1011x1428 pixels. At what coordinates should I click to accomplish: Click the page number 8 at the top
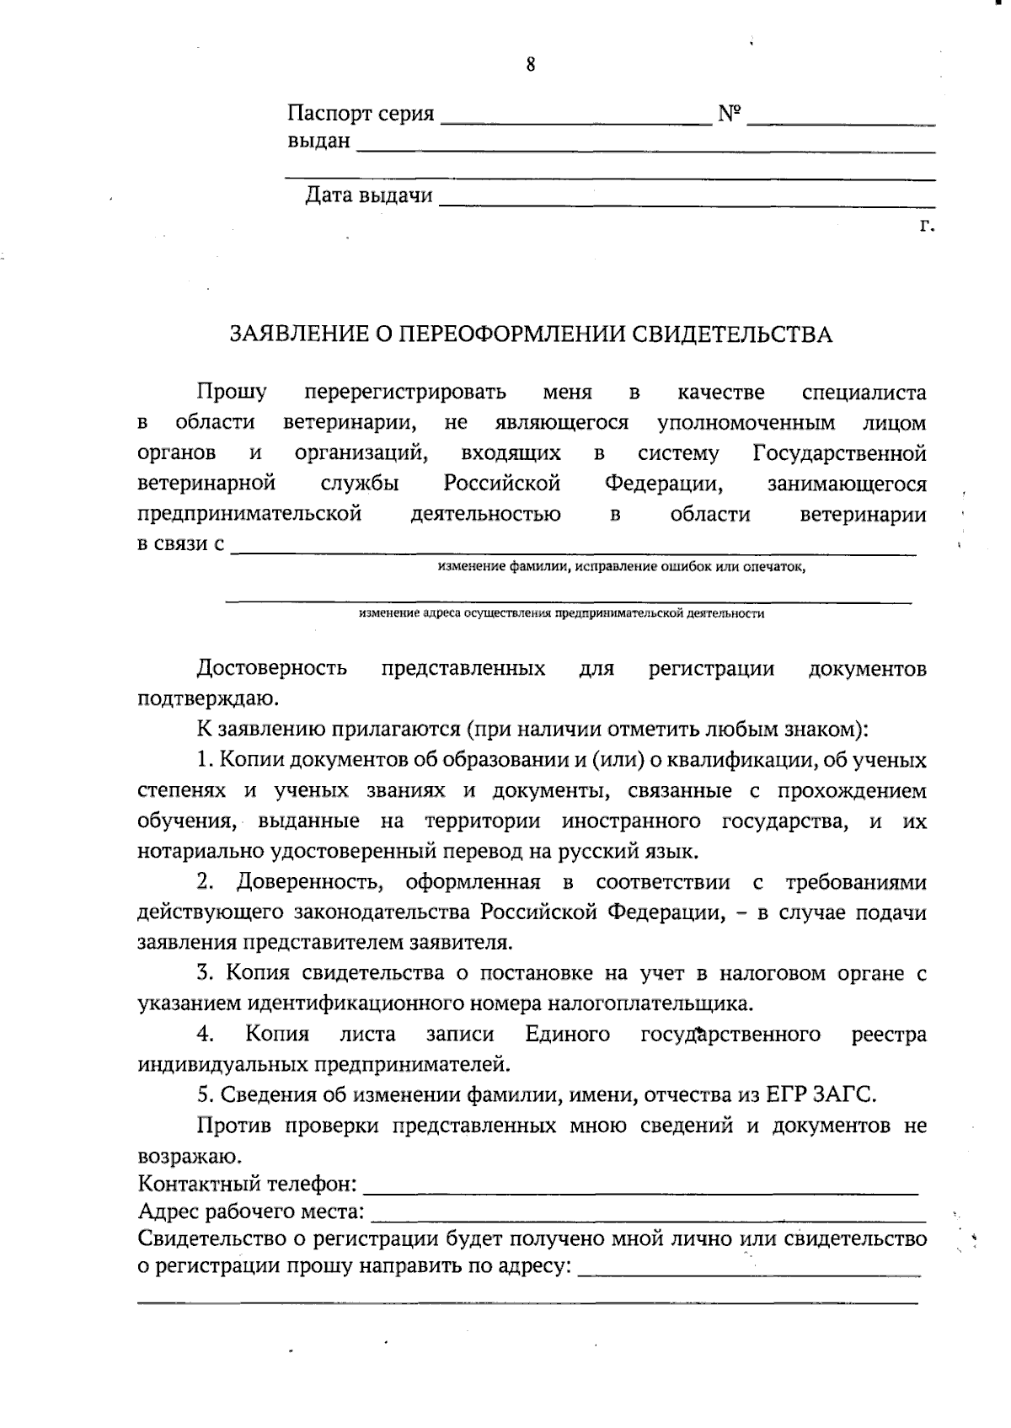(x=530, y=65)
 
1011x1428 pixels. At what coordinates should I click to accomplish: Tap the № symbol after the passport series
(x=729, y=113)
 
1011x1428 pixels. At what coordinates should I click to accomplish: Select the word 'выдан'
(x=318, y=141)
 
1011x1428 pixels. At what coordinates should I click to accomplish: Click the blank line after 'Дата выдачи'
(x=687, y=203)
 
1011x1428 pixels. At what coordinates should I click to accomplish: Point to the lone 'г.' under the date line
(x=927, y=226)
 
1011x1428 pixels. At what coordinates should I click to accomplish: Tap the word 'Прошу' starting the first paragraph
(x=232, y=392)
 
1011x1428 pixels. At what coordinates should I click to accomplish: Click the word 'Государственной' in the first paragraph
(x=839, y=453)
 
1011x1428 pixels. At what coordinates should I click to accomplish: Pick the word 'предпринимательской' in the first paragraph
(x=249, y=514)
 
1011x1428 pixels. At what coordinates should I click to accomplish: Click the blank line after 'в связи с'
(x=573, y=551)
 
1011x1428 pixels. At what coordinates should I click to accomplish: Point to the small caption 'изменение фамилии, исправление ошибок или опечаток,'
(x=622, y=567)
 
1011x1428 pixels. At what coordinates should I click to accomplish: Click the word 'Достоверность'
(x=271, y=669)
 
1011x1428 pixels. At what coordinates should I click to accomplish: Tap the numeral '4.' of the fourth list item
(x=205, y=1035)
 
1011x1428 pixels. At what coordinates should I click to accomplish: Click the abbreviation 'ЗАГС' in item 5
(x=845, y=1095)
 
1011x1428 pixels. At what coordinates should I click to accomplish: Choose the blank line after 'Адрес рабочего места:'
(x=649, y=1219)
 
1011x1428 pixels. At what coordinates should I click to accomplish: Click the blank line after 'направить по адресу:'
(x=750, y=1273)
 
